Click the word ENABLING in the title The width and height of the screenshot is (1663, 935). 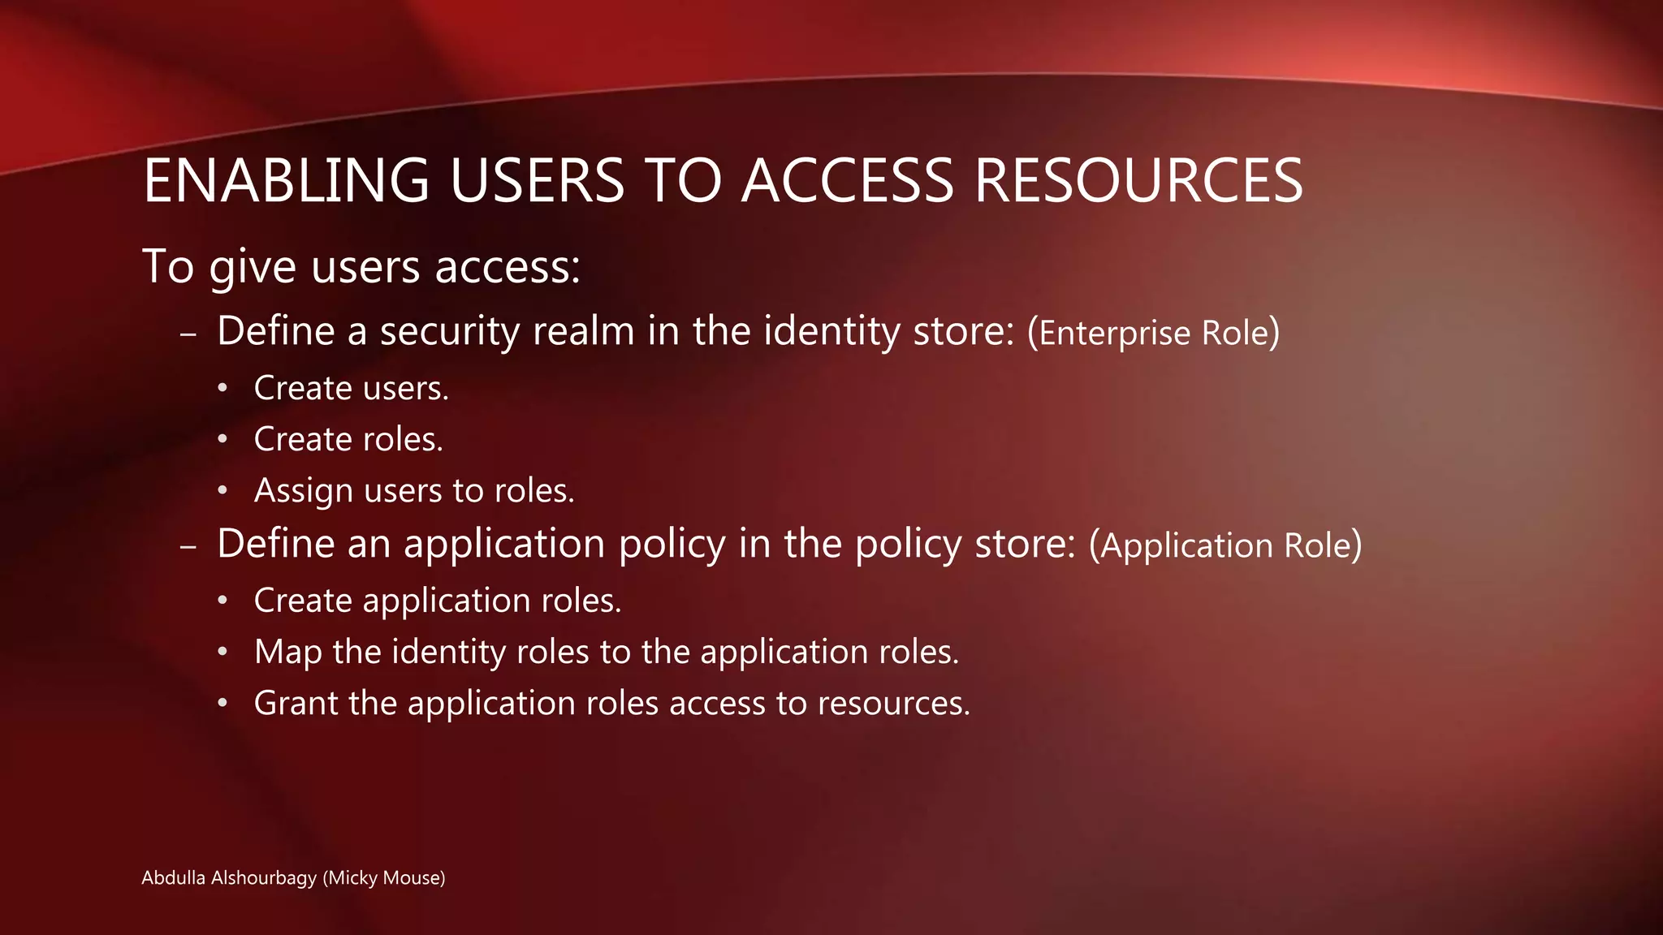pos(286,180)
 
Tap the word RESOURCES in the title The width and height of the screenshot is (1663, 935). pos(1138,180)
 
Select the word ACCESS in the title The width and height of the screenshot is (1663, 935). pos(848,180)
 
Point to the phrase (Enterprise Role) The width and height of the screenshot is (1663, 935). pos(1153,333)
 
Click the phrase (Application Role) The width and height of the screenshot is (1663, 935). pos(1225,545)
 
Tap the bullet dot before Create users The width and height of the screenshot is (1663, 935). pos(222,389)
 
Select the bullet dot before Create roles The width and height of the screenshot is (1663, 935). pos(222,440)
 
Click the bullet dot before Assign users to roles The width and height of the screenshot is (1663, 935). pos(222,491)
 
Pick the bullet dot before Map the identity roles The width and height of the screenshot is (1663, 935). pos(222,652)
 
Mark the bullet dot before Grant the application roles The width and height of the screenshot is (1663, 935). pos(222,703)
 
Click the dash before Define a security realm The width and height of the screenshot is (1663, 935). pos(188,334)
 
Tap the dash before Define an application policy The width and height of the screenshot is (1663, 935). pos(188,546)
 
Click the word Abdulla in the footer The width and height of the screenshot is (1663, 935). pos(173,877)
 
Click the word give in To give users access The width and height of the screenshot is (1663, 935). pos(252,267)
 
